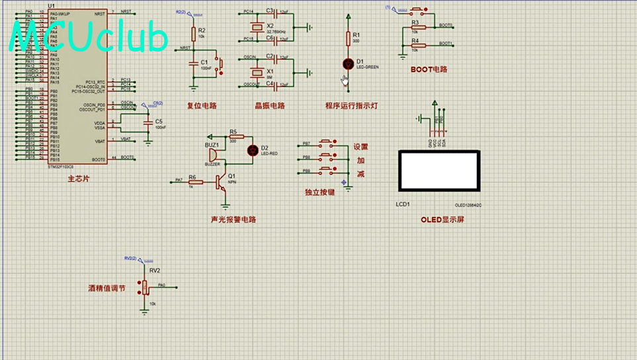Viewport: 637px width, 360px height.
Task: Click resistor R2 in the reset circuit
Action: tap(193, 34)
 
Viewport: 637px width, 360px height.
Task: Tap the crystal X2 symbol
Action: tap(257, 27)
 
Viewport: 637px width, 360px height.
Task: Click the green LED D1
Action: tap(348, 64)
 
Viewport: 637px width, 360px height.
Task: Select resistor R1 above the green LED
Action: tap(348, 38)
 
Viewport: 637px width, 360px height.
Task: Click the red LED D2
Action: tap(251, 150)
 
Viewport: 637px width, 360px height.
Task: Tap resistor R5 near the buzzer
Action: tap(232, 136)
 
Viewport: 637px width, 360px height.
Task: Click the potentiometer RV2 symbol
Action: tap(145, 287)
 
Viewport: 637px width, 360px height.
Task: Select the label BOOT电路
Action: tap(429, 69)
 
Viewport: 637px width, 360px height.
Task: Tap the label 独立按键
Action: tap(319, 193)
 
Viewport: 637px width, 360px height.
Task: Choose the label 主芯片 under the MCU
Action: tap(78, 179)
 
